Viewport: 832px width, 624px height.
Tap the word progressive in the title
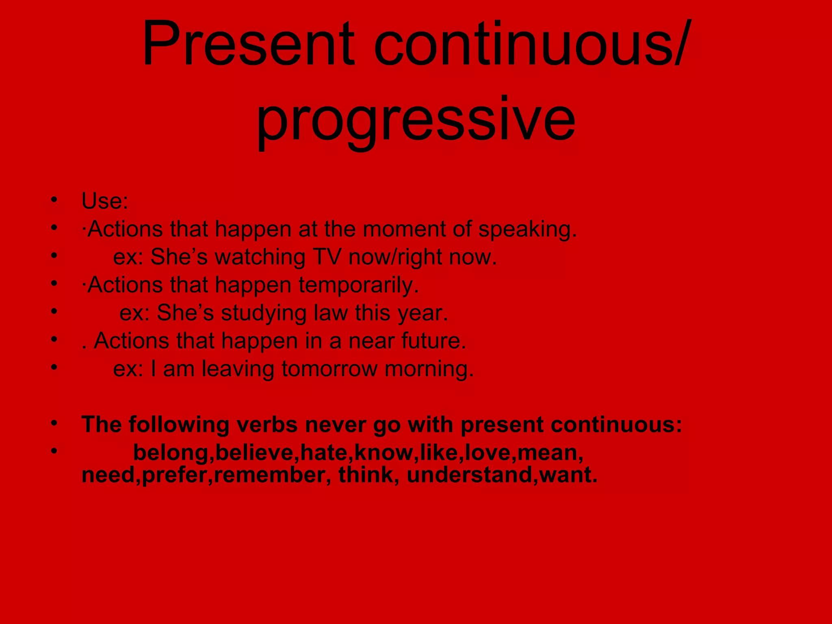(416, 120)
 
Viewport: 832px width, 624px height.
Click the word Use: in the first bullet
(105, 201)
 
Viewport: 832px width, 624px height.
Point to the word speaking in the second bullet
(527, 230)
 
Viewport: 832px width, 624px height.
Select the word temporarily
(359, 285)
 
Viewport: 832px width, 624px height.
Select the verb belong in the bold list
(171, 453)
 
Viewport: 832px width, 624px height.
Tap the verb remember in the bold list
(269, 475)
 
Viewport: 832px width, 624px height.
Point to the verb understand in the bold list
(469, 475)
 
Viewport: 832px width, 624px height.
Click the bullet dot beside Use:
(54, 199)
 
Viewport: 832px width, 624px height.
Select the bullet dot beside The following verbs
(54, 423)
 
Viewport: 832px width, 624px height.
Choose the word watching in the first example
(260, 257)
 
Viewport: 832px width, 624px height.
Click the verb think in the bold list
(366, 475)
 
